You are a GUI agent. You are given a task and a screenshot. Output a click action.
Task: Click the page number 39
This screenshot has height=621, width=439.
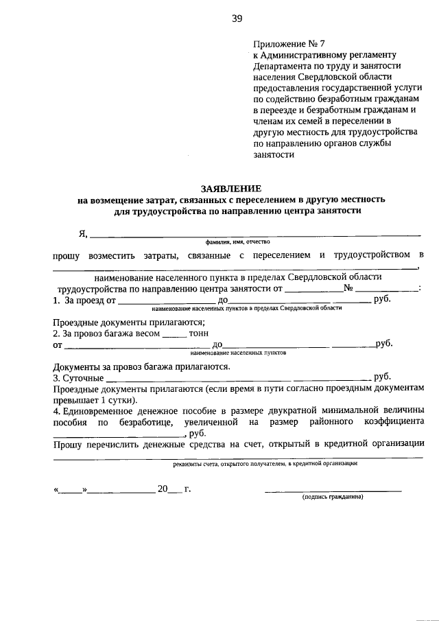pyautogui.click(x=237, y=19)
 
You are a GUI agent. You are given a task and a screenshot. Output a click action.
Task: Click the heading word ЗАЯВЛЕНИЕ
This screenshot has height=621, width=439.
pyautogui.click(x=230, y=188)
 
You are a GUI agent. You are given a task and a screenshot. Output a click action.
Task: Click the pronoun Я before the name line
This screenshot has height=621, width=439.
pyautogui.click(x=82, y=233)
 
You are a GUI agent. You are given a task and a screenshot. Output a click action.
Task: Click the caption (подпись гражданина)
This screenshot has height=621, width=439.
pyautogui.click(x=333, y=497)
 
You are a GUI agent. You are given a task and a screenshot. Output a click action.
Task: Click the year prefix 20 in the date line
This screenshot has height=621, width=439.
pyautogui.click(x=163, y=489)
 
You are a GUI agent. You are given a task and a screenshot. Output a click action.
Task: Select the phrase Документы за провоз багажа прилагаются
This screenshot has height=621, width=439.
pyautogui.click(x=141, y=366)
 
